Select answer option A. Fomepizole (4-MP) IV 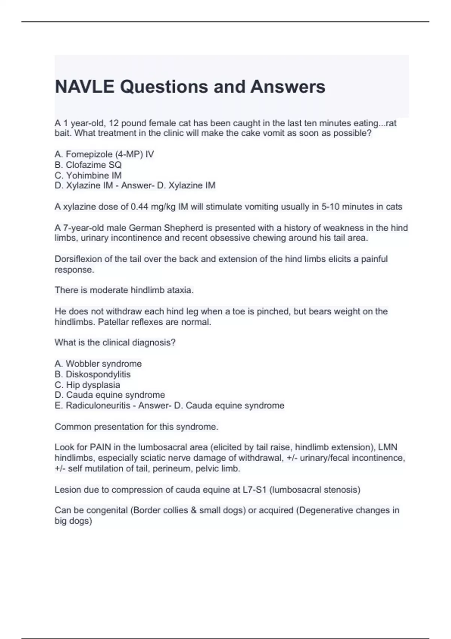[x=104, y=154]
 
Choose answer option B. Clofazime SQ [x=88, y=165]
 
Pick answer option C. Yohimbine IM [x=88, y=176]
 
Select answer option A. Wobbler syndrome [x=98, y=364]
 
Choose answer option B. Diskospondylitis [x=92, y=374]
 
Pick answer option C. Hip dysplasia [x=87, y=385]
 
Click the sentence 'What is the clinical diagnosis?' [x=115, y=343]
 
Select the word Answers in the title [x=288, y=87]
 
